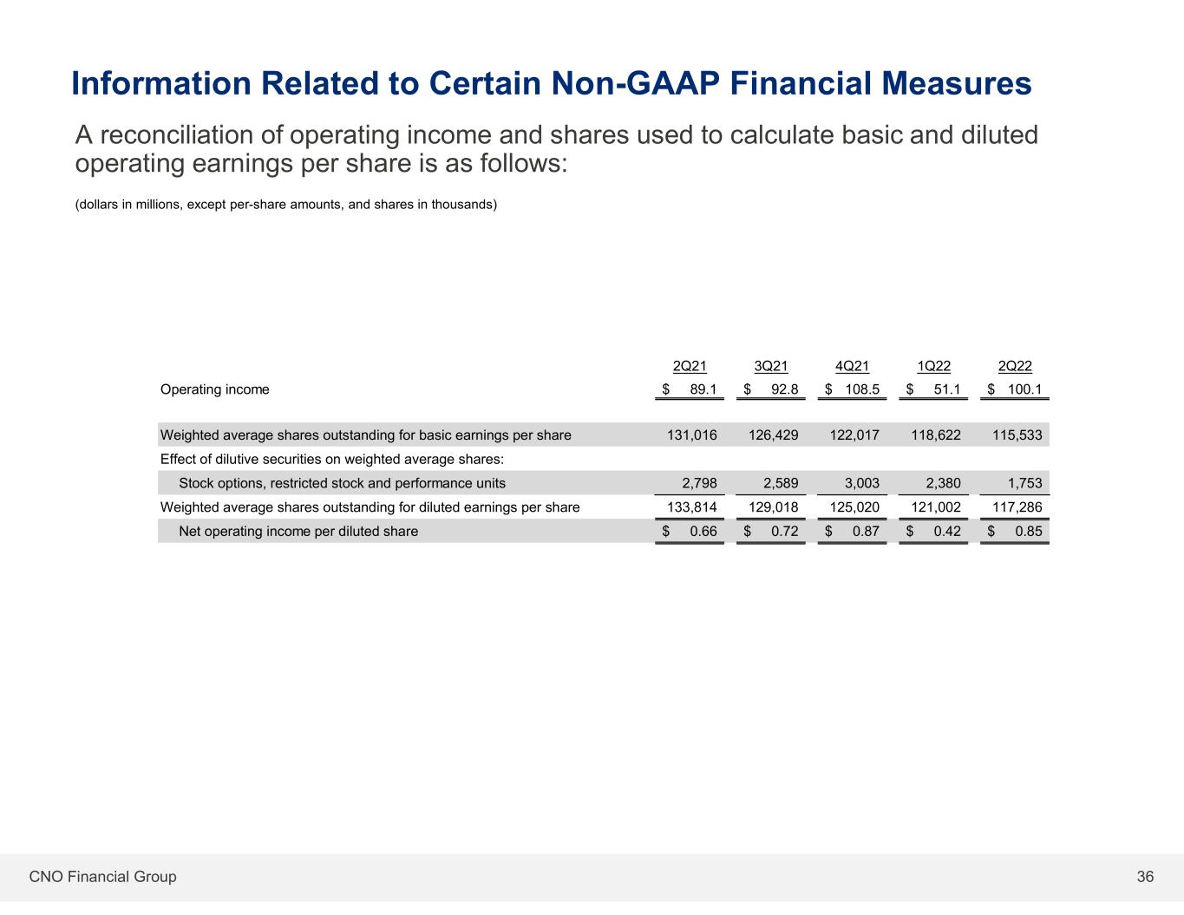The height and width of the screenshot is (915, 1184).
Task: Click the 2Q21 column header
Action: pos(690,366)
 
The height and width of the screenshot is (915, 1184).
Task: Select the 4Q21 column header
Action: pos(852,366)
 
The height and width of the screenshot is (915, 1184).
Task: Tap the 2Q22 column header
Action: pos(1015,366)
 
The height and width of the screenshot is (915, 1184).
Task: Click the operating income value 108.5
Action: pos(862,389)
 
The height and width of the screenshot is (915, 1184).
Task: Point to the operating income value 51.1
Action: pos(947,389)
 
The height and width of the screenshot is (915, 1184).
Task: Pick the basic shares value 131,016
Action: pos(692,435)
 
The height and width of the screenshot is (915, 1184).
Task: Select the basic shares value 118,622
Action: pos(936,435)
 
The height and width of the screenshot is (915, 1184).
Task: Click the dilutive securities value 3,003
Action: pos(862,483)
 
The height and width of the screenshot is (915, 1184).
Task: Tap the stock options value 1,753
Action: pos(1025,483)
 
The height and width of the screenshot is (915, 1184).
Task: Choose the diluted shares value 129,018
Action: pos(773,507)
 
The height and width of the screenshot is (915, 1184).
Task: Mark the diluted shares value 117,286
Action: pos(1017,507)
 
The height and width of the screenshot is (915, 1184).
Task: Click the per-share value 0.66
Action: pos(703,531)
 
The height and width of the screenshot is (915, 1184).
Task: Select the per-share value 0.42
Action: pos(947,531)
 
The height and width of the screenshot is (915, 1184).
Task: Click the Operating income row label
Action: pos(214,389)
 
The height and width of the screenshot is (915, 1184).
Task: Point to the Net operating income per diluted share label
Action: pos(298,531)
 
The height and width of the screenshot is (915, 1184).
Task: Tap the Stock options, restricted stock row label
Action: pos(342,483)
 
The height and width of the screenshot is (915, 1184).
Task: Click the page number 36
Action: pos(1145,876)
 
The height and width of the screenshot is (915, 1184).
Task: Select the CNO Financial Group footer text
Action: pos(103,876)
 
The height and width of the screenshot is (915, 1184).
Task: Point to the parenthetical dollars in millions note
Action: pos(286,205)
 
